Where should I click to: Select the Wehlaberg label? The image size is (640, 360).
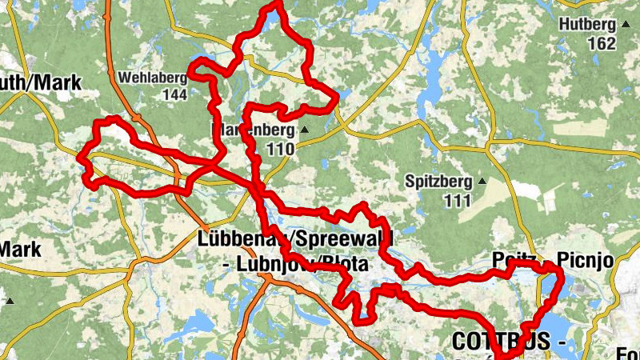152,78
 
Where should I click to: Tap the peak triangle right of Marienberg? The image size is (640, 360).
304,130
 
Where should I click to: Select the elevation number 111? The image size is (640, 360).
458,200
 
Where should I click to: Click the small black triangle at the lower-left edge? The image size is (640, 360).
10,302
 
